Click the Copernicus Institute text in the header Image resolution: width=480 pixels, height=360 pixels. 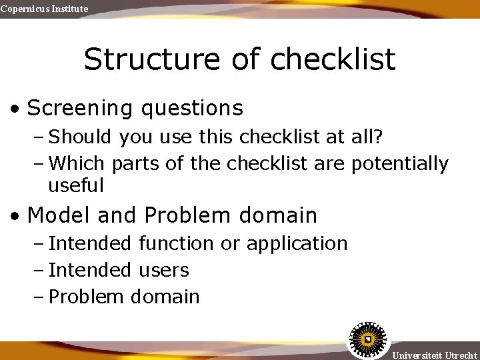tap(44, 9)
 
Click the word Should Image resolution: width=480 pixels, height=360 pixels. tap(81, 137)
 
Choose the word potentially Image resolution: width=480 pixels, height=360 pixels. tap(400, 163)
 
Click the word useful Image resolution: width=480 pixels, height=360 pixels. tap(76, 185)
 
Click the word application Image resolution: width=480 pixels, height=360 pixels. tap(297, 244)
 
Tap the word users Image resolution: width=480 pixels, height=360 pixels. tap(164, 270)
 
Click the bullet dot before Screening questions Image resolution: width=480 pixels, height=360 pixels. tap(15, 109)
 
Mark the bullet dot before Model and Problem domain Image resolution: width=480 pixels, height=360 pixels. tap(15, 216)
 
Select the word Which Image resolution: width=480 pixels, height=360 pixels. tap(79, 163)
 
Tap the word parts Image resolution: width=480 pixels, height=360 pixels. tap(136, 164)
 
